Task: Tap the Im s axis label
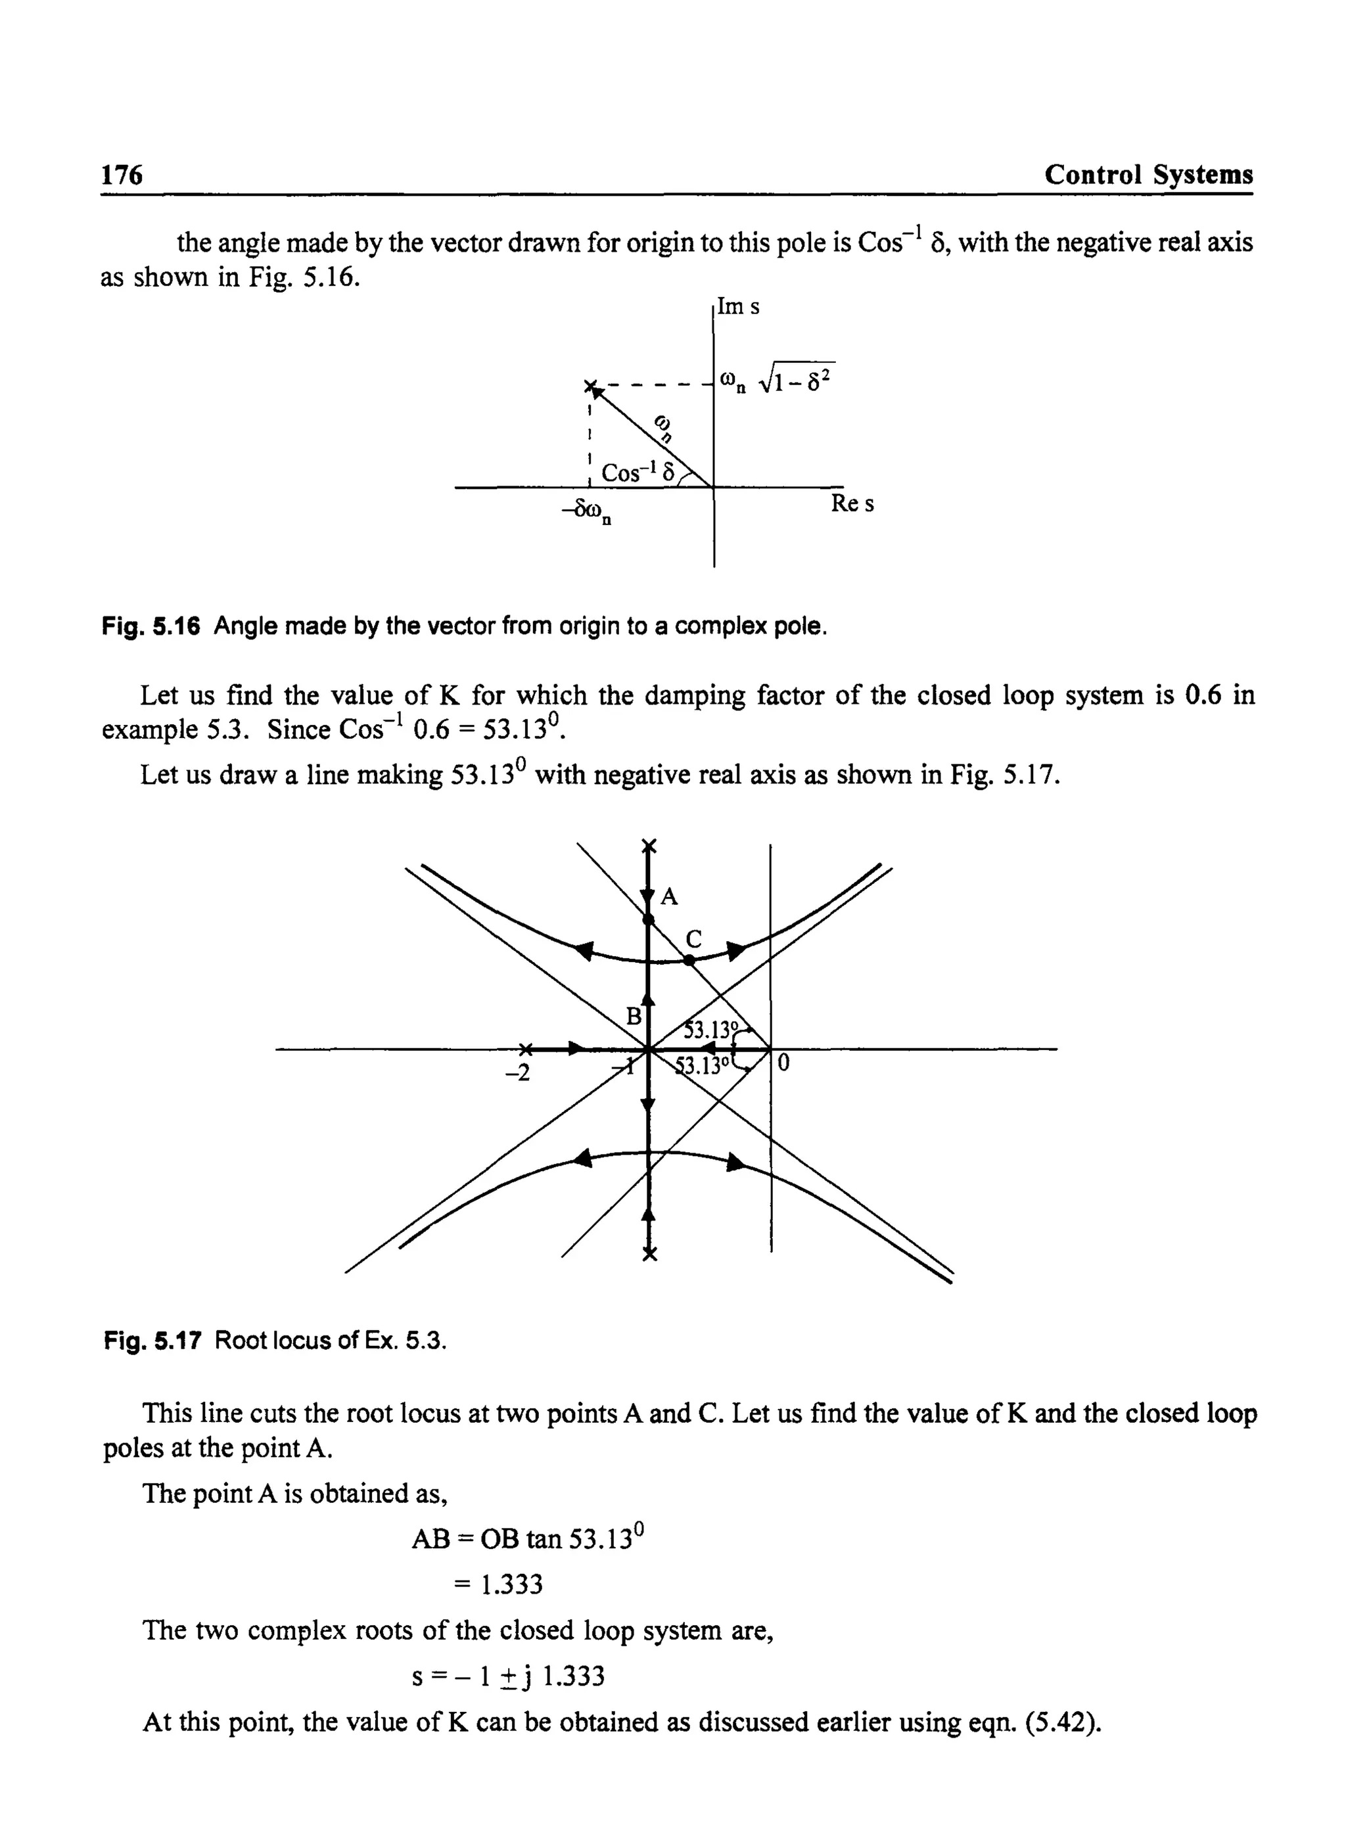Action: click(x=738, y=307)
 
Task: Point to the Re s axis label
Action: click(x=852, y=504)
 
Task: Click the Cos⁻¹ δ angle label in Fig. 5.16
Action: click(x=638, y=473)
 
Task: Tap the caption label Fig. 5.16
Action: click(x=151, y=626)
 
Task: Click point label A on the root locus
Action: click(x=669, y=897)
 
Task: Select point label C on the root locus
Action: click(x=693, y=939)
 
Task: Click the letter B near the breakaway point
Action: click(x=633, y=1016)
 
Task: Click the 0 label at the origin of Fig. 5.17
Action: click(x=784, y=1064)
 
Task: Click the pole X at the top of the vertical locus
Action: click(x=649, y=846)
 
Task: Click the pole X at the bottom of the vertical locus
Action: click(x=649, y=1255)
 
